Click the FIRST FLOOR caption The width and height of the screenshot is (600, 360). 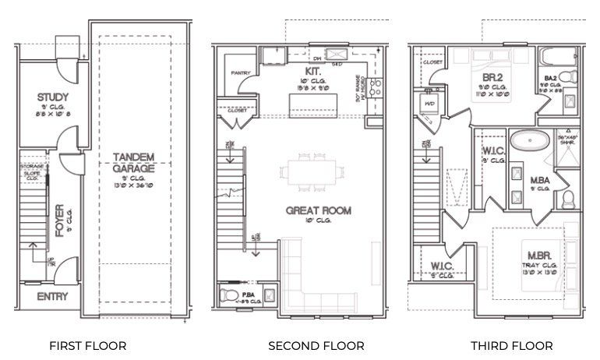[87, 345]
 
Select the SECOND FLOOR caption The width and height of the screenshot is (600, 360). [316, 345]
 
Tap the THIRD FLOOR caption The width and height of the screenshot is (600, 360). [511, 345]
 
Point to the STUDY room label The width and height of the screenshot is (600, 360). [53, 98]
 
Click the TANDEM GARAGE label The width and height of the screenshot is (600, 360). [132, 161]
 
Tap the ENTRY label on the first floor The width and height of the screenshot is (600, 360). [53, 296]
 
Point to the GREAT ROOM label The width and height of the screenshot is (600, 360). [318, 210]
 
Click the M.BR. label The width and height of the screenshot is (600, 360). [540, 256]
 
